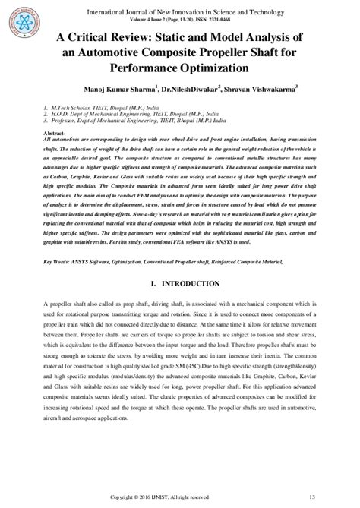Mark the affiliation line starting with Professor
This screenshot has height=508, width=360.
click(122, 121)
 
